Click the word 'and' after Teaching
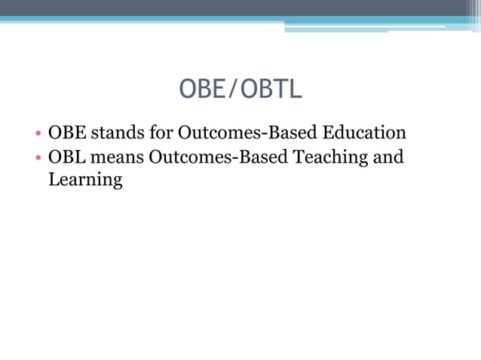(x=388, y=157)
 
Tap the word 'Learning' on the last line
(x=85, y=180)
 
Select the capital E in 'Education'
(x=329, y=133)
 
